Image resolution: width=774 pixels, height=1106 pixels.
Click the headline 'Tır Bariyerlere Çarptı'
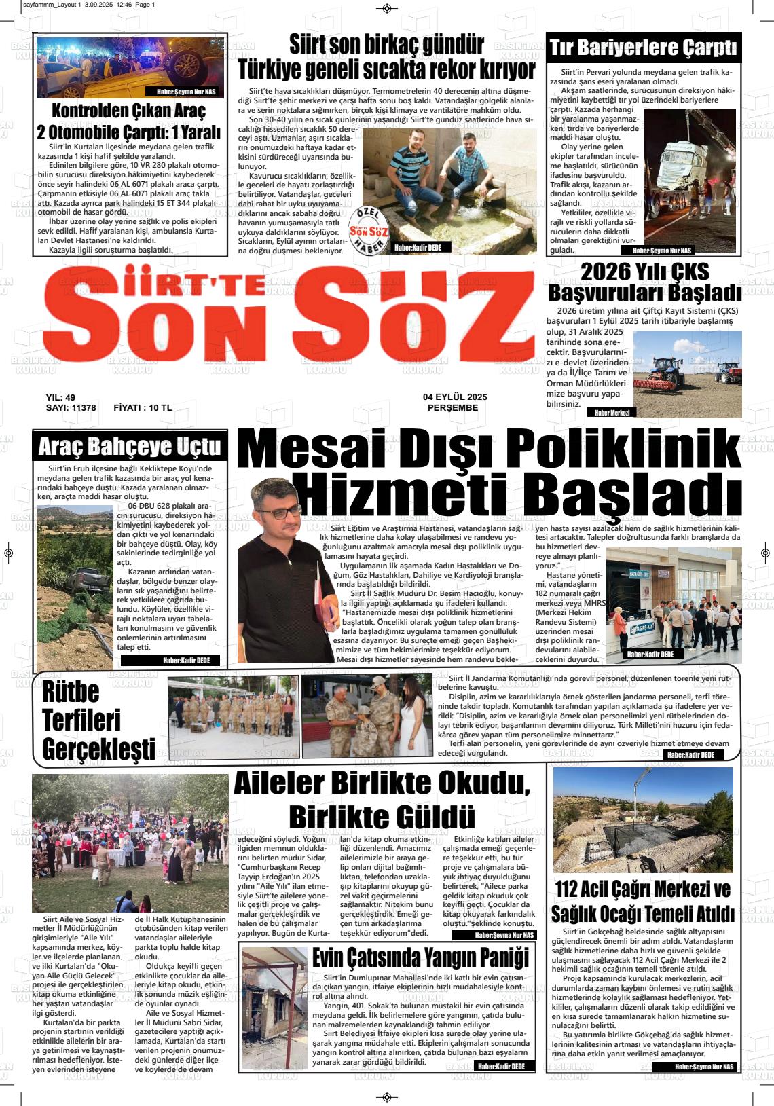click(643, 49)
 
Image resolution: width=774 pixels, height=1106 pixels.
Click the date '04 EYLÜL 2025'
click(455, 397)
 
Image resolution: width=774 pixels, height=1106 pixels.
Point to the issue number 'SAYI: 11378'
click(71, 408)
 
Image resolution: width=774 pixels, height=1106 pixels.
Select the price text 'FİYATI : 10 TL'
click(143, 408)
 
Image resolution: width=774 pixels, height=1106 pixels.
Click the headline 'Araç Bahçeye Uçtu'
click(130, 446)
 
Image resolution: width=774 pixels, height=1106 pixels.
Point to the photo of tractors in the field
click(686, 373)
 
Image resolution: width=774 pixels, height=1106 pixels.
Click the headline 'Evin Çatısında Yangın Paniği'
click(420, 958)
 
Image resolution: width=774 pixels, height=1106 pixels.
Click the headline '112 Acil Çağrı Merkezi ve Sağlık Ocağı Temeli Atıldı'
click(643, 900)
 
